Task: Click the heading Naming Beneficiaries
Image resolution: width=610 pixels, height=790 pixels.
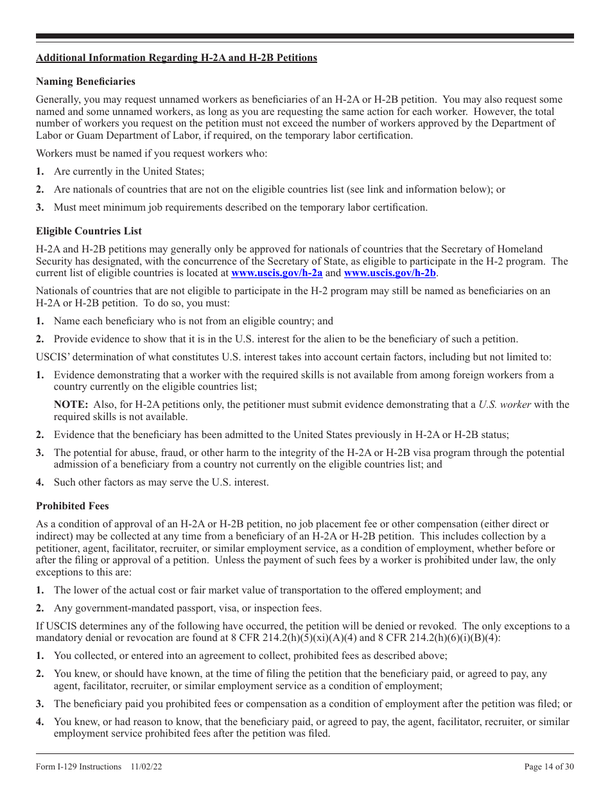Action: [85, 82]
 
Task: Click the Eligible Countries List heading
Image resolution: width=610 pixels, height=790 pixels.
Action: [89, 231]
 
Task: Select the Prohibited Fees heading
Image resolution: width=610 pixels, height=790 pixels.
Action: [74, 506]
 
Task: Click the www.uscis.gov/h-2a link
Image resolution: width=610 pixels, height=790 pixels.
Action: [277, 273]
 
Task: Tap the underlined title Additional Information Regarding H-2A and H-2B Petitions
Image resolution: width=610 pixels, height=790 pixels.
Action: [177, 58]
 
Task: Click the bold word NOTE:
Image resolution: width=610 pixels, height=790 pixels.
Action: [71, 405]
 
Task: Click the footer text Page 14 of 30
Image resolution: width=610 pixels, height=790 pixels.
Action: [549, 767]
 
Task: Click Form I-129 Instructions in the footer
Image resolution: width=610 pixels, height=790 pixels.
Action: [78, 767]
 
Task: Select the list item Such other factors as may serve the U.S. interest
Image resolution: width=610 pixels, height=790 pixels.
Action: [161, 482]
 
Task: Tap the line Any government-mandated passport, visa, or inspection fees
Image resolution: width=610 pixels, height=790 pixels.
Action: [187, 608]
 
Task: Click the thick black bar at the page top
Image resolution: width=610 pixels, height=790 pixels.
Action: [305, 37]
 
